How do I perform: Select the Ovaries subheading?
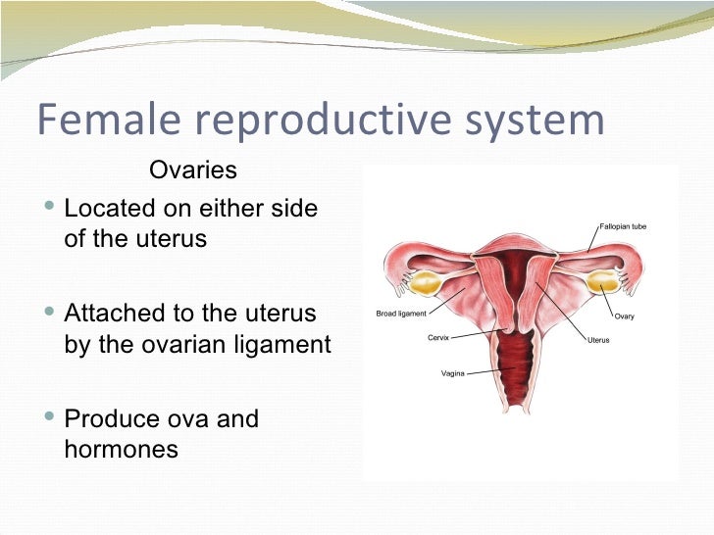193,170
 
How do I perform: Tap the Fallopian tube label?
622,226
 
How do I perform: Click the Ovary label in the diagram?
624,316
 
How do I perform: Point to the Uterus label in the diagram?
599,340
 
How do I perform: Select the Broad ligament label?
401,314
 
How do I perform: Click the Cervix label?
438,337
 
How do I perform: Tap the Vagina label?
451,373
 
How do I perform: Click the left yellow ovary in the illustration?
426,284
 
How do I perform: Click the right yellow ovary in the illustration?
600,282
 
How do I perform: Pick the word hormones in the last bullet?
121,450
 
